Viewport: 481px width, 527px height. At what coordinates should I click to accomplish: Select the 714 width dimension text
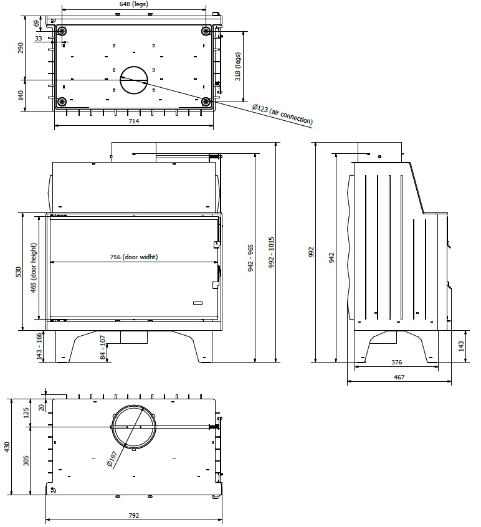[x=133, y=121]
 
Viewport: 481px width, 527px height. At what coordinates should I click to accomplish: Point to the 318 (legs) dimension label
[x=237, y=66]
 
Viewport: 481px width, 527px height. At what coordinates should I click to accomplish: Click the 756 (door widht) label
[x=133, y=257]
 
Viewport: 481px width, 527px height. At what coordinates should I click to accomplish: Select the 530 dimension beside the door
[x=19, y=272]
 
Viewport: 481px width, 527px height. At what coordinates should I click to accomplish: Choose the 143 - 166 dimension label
[x=39, y=346]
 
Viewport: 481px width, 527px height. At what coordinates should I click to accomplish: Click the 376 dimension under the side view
[x=396, y=362]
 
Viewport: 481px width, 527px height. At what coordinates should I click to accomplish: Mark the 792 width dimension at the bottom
[x=133, y=516]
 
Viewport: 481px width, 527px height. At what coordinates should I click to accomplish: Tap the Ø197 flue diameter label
[x=113, y=460]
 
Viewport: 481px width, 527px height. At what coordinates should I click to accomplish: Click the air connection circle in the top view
[x=134, y=80]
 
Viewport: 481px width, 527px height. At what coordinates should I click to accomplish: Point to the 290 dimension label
[x=20, y=48]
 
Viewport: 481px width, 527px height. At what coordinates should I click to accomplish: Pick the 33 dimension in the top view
[x=39, y=39]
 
